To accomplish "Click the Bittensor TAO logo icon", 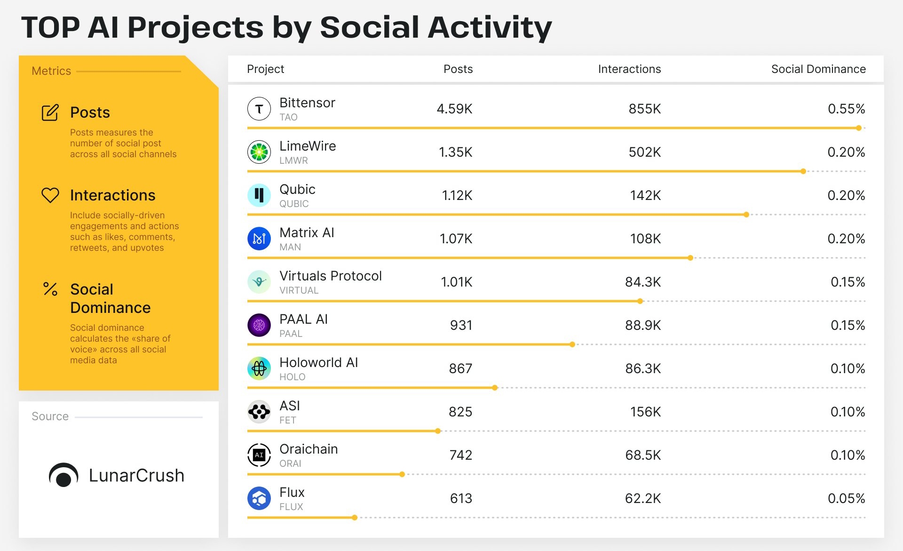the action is [259, 109].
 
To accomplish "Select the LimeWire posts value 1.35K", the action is [455, 152].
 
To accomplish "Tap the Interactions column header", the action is [629, 69].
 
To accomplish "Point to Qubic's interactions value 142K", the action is [645, 195].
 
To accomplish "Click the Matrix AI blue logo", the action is [259, 239].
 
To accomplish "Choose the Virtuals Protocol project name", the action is [331, 276].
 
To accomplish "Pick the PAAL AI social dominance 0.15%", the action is [848, 325].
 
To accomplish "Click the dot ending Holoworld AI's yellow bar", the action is [495, 388].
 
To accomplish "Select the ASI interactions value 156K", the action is [645, 412].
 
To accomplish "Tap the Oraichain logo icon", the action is [259, 455].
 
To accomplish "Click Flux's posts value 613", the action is [461, 498].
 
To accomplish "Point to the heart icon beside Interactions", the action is [50, 195].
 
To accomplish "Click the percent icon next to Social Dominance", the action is [50, 289].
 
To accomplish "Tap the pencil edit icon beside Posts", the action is [50, 112].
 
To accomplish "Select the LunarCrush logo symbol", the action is [63, 475].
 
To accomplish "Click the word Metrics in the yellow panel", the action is [51, 71].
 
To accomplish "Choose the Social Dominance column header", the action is [818, 69].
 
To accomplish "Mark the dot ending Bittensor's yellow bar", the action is [859, 128].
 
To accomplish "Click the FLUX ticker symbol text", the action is [291, 507].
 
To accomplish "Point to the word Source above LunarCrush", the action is [50, 416].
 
